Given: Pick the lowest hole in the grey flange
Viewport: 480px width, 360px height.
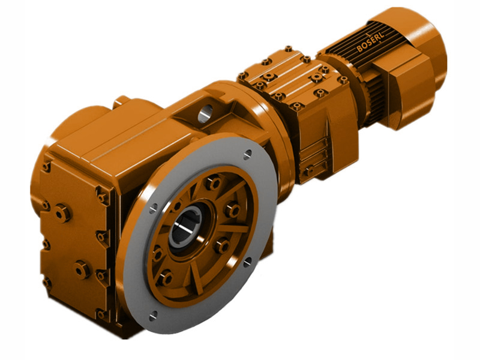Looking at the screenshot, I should [x=152, y=313].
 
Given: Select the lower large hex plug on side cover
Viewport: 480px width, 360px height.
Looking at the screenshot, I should [x=82, y=269].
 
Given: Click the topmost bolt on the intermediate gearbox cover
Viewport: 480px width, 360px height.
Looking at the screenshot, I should [x=289, y=49].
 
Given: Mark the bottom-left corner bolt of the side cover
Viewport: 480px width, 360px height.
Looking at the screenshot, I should [x=47, y=282].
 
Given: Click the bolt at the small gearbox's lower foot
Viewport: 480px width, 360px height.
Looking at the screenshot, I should [x=308, y=172].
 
